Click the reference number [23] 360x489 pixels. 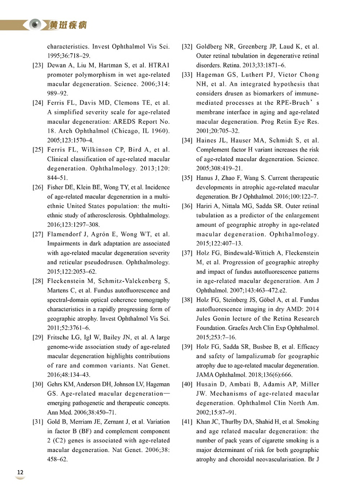(x=38, y=66)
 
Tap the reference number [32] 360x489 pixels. (x=187, y=46)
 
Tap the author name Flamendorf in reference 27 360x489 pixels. (x=67, y=234)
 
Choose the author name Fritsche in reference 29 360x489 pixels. (x=58, y=337)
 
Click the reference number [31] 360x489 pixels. (x=38, y=422)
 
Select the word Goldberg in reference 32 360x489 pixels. (x=210, y=46)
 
